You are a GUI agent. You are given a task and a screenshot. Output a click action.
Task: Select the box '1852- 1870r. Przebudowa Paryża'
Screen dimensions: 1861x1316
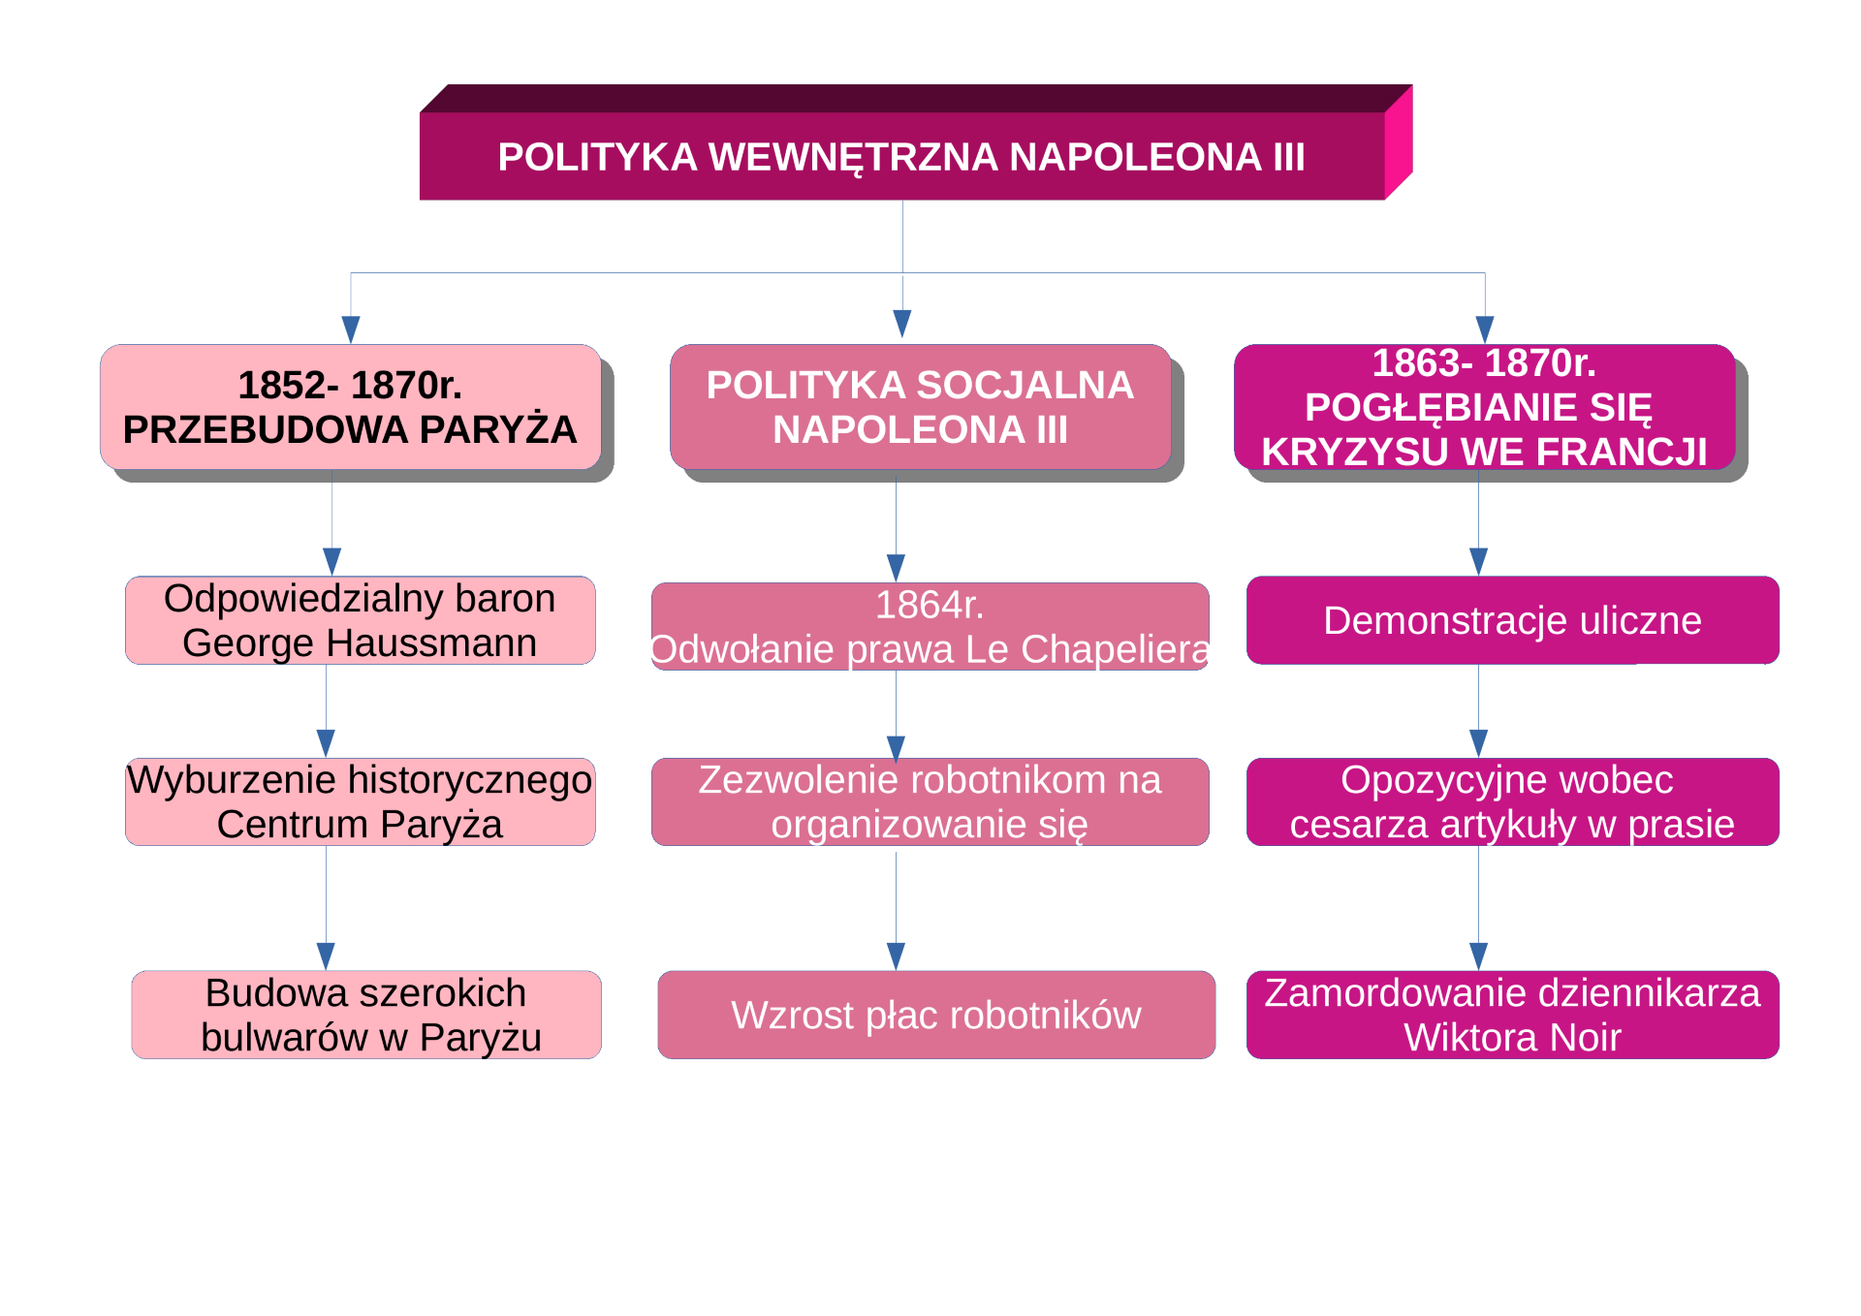click(x=351, y=407)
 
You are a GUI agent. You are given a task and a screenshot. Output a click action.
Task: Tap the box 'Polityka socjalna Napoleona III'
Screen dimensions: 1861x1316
click(x=921, y=407)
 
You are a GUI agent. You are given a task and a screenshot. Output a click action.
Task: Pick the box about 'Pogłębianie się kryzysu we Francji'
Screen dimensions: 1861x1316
click(x=1485, y=407)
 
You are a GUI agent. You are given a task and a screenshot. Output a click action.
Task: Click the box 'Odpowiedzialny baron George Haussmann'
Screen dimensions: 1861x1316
click(x=361, y=620)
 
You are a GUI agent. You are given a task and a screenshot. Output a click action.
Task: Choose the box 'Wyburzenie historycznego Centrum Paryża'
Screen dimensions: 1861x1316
click(x=361, y=801)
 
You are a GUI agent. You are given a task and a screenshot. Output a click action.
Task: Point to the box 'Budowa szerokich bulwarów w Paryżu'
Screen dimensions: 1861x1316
click(x=366, y=1015)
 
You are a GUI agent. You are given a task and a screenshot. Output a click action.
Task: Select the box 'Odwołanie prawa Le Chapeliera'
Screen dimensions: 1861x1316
click(x=930, y=626)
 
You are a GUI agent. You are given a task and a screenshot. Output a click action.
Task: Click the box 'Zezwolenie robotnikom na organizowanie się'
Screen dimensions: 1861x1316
click(x=930, y=801)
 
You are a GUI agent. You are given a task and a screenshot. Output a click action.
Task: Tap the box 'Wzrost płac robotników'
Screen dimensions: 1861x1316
click(x=936, y=1015)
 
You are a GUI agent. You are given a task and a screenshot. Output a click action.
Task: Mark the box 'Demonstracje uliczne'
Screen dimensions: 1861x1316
click(x=1513, y=620)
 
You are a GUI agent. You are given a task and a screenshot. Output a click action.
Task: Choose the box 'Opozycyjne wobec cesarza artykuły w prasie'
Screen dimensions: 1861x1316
click(x=1513, y=801)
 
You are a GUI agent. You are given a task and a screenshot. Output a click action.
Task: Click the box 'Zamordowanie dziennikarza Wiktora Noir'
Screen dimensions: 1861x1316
click(x=1513, y=1015)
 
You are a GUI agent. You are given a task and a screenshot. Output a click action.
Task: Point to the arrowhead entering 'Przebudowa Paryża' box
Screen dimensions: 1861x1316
click(x=351, y=329)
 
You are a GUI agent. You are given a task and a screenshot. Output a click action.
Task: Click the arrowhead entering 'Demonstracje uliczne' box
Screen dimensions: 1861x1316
click(x=1478, y=562)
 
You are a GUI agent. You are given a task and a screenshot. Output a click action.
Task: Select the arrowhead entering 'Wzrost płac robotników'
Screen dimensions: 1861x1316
click(x=896, y=956)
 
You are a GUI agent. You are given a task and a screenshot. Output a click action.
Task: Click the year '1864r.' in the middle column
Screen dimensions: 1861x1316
click(x=930, y=605)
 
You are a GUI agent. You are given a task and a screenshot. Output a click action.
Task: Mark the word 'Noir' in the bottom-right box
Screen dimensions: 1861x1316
click(x=1585, y=1037)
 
